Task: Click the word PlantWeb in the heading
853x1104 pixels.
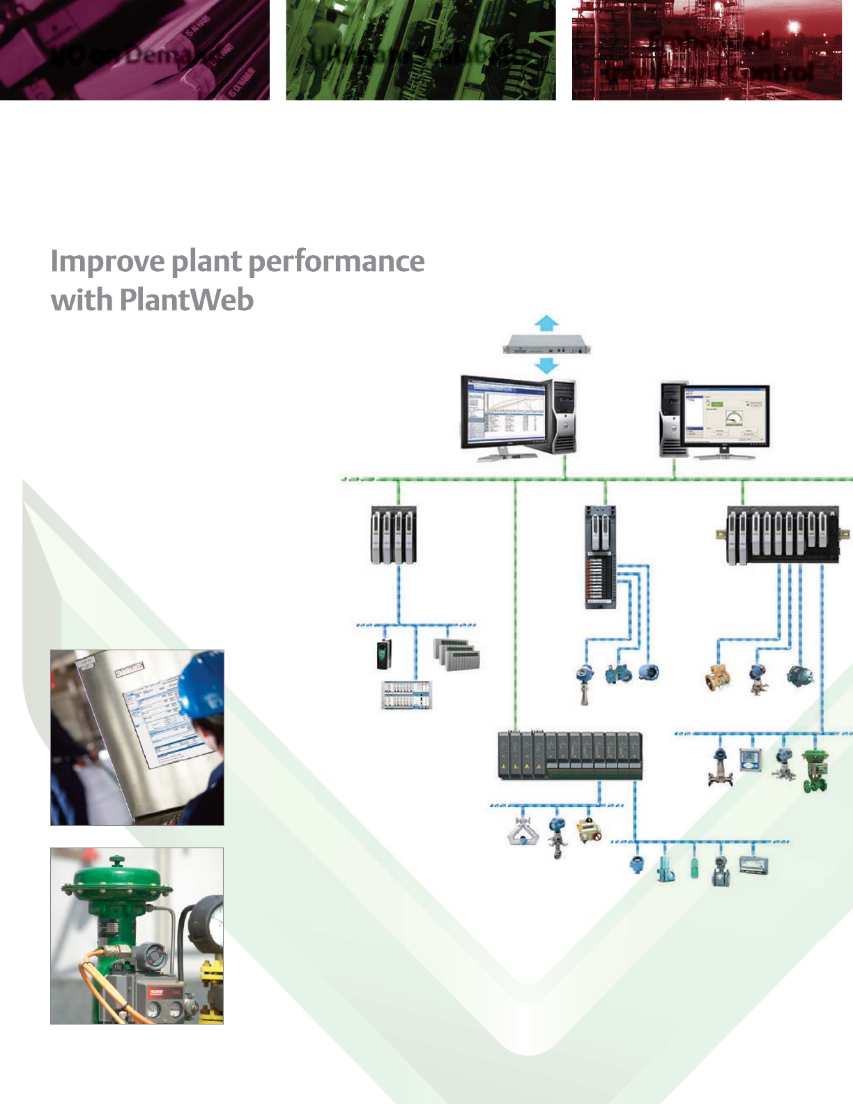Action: pyautogui.click(x=186, y=300)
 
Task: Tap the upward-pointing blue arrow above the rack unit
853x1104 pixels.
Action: pyautogui.click(x=546, y=323)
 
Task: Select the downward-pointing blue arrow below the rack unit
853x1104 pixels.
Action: pyautogui.click(x=546, y=365)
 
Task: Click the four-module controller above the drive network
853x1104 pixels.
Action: pyautogui.click(x=393, y=535)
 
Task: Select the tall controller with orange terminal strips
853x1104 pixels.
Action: pyautogui.click(x=600, y=558)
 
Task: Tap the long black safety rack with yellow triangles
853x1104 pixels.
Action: pyautogui.click(x=570, y=756)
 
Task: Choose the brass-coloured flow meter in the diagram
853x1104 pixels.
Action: pyautogui.click(x=717, y=677)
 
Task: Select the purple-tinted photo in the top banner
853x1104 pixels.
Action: pyautogui.click(x=135, y=50)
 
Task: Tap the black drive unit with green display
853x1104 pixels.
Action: pyautogui.click(x=384, y=654)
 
